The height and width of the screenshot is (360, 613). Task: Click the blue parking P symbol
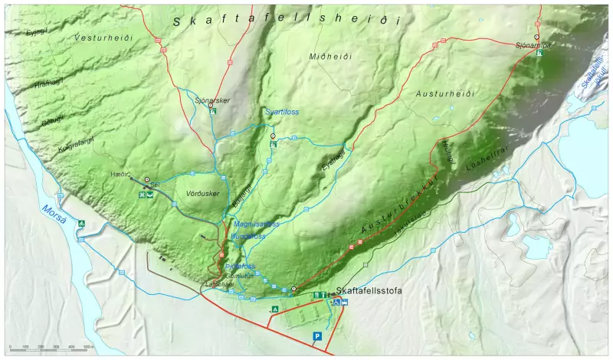point(316,335)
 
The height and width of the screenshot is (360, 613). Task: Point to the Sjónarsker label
point(212,100)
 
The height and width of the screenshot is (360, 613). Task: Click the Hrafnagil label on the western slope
point(48,87)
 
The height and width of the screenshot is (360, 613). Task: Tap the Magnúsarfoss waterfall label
point(256,224)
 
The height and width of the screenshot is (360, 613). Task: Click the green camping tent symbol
point(274,309)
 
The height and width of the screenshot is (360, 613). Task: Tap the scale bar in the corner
point(50,349)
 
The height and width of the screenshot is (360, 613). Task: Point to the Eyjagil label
point(329,163)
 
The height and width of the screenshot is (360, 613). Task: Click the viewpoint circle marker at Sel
point(147,178)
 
